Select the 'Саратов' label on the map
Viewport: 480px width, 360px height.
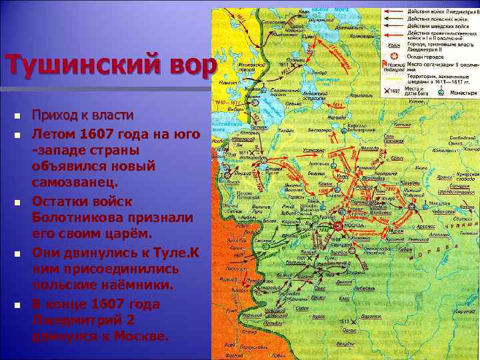coord(460,313)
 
